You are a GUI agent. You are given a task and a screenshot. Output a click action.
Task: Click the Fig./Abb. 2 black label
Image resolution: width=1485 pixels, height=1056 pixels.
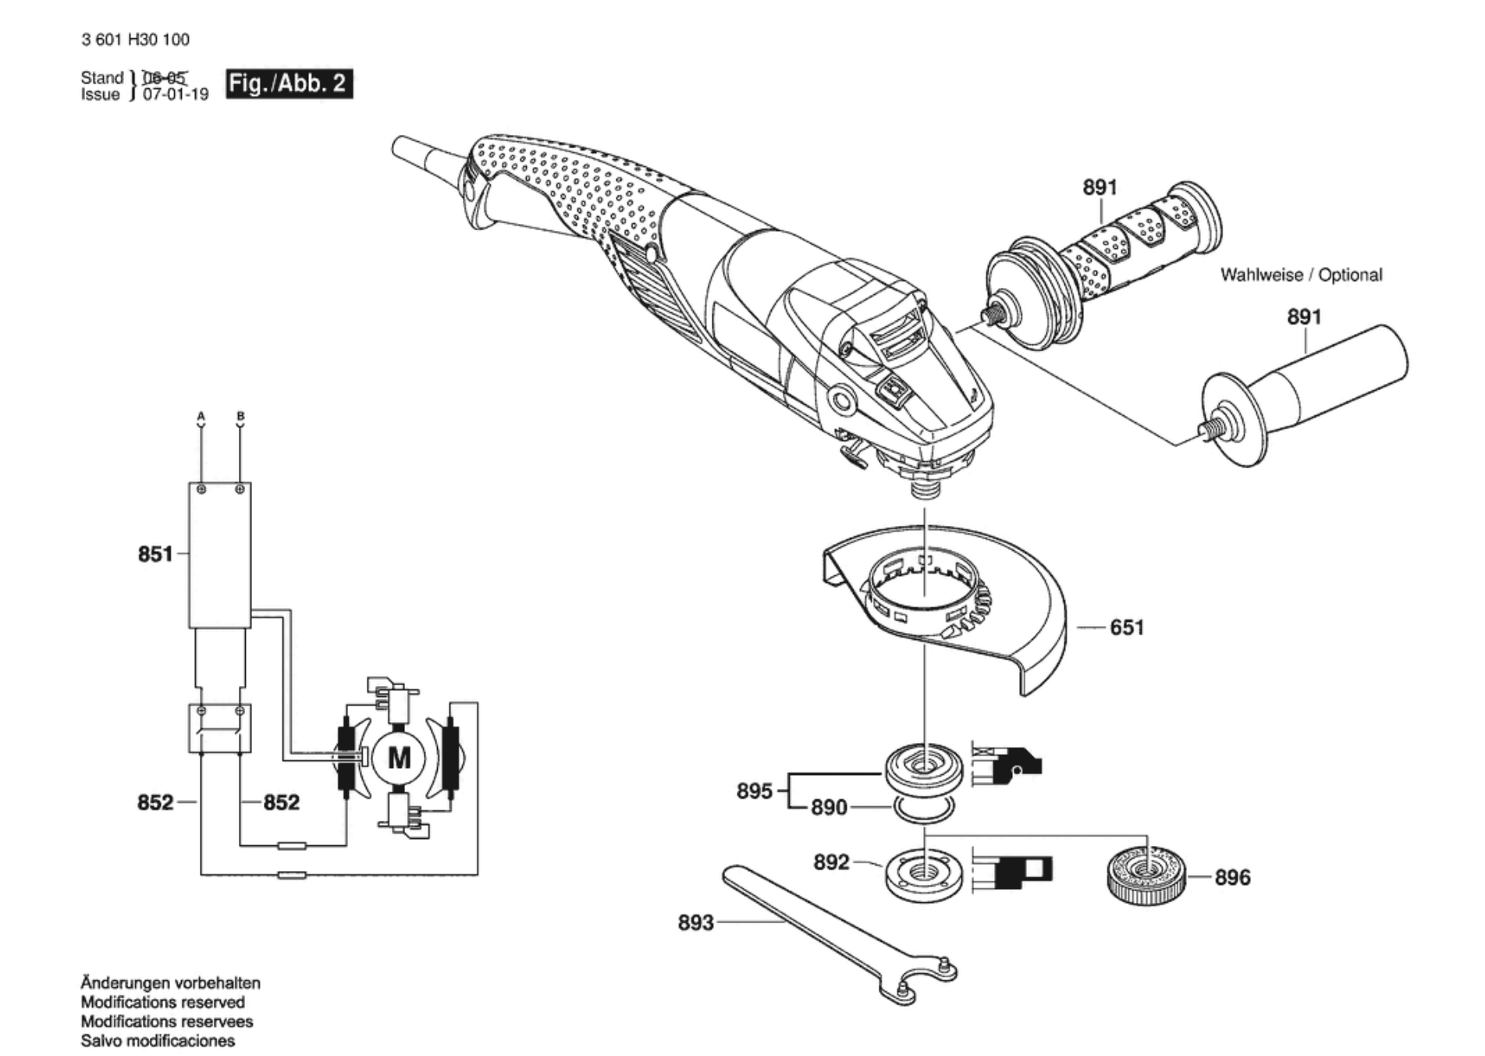coord(289,84)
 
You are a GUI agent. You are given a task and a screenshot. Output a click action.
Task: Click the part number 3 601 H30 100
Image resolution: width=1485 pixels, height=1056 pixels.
coord(135,40)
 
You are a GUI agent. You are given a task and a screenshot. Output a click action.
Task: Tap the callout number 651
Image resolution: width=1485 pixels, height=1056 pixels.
coord(1127,628)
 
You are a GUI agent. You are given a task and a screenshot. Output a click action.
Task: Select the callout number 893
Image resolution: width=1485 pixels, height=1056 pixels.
coord(695,923)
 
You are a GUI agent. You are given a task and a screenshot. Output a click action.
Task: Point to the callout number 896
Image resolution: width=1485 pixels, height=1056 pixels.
coord(1232,877)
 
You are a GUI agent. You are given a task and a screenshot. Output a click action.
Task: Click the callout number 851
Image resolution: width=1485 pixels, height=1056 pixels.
coord(155,554)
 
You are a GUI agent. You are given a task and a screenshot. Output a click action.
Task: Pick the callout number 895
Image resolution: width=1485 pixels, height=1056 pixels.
coord(755,791)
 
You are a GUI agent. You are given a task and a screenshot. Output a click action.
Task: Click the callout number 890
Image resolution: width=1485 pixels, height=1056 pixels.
coord(829,807)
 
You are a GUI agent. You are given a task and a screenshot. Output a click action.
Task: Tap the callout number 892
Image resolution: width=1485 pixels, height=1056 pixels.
coord(831,862)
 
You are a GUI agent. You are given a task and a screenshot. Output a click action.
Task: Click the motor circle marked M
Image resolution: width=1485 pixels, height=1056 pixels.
coord(399,758)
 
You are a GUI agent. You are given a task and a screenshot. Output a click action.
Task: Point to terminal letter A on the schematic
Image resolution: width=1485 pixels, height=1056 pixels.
coord(201,417)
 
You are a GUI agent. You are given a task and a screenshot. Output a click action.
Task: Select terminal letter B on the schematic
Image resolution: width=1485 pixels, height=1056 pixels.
coord(240,417)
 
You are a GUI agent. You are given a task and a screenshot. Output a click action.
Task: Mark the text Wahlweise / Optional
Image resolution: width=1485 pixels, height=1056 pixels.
coord(1301,275)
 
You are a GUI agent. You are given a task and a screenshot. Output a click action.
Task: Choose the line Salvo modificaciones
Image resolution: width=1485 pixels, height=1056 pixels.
coord(158,1040)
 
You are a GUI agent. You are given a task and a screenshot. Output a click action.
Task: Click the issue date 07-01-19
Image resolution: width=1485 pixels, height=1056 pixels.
coord(176,95)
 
